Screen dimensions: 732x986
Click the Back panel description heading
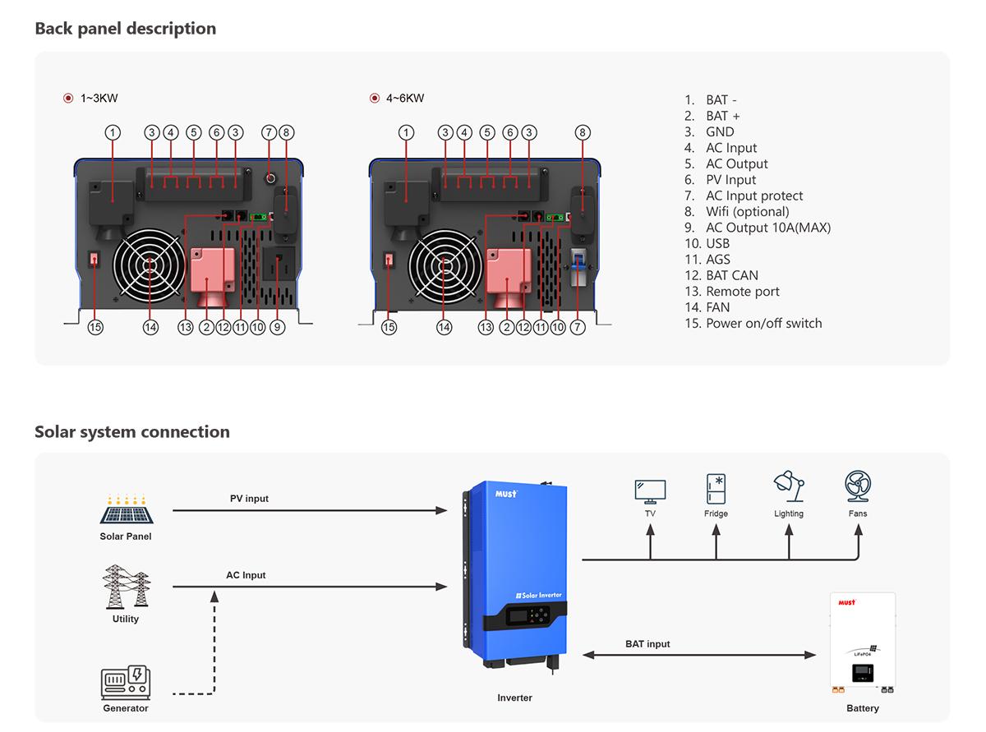point(125,29)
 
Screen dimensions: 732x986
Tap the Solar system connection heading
point(132,432)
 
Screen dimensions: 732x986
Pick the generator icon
point(126,683)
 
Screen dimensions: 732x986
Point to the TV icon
point(650,490)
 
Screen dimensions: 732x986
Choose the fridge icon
point(716,489)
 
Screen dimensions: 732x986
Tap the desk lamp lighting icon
point(789,486)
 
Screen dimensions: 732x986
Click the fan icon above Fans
point(858,487)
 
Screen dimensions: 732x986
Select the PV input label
point(249,499)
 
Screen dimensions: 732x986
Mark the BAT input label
point(647,644)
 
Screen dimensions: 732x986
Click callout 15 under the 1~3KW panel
point(95,327)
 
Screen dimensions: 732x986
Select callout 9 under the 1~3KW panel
point(277,327)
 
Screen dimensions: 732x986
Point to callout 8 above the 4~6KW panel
point(582,132)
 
